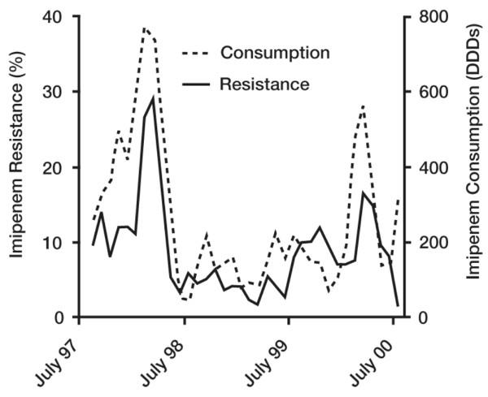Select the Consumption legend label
274,53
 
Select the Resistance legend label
264,84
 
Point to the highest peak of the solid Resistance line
153,98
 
